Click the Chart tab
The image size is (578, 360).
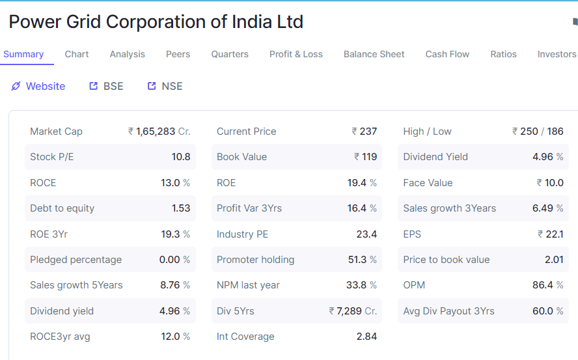77,54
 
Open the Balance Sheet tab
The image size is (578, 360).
374,54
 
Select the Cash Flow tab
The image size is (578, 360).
447,54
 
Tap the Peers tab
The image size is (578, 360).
178,54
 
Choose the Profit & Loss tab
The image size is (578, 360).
296,54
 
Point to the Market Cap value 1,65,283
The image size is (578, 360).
156,132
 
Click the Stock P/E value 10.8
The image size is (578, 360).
181,157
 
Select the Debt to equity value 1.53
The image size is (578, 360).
181,208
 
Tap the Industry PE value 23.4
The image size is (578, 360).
366,234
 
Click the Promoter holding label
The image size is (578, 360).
255,260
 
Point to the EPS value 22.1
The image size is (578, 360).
555,234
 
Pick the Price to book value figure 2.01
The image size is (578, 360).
554,260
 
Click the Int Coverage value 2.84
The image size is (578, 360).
366,337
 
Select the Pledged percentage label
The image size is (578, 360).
76,260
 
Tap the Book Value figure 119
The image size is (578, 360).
369,157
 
